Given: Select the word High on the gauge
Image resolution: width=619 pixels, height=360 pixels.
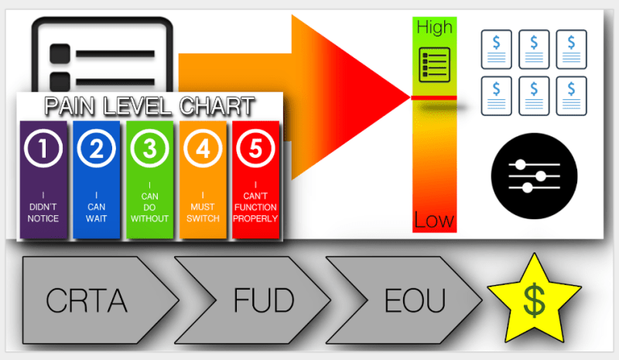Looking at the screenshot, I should [x=434, y=27].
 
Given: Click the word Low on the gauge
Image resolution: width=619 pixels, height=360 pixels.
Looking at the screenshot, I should [x=434, y=220].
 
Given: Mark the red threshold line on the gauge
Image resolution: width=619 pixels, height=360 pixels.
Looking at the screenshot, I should [x=434, y=98].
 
